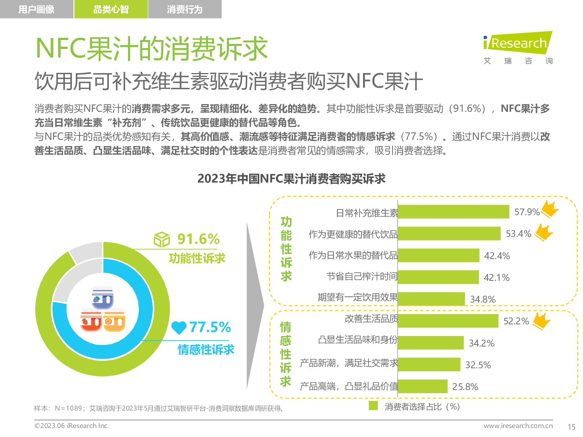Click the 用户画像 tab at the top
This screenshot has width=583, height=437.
(x=37, y=9)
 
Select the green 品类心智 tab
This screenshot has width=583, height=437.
(x=111, y=9)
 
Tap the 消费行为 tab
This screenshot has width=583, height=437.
(x=185, y=9)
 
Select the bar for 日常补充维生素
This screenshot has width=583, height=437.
(x=453, y=212)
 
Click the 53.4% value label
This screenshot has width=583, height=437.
(x=518, y=234)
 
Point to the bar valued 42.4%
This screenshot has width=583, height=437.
(x=438, y=255)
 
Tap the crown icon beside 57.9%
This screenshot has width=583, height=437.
(x=550, y=209)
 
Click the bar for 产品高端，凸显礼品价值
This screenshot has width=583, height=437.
(x=422, y=386)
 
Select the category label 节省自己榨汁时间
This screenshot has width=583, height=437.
(x=362, y=277)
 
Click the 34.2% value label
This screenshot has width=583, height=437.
(x=481, y=343)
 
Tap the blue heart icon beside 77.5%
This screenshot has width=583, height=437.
(x=179, y=327)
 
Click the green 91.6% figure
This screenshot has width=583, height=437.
(x=198, y=239)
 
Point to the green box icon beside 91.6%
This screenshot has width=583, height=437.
(x=162, y=239)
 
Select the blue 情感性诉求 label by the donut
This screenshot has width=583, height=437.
(x=206, y=350)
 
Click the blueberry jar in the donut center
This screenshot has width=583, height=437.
(x=103, y=298)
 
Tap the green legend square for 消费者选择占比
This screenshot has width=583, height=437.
(x=373, y=406)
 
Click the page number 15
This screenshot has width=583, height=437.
(x=571, y=427)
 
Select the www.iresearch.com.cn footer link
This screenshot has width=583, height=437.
(x=518, y=426)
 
